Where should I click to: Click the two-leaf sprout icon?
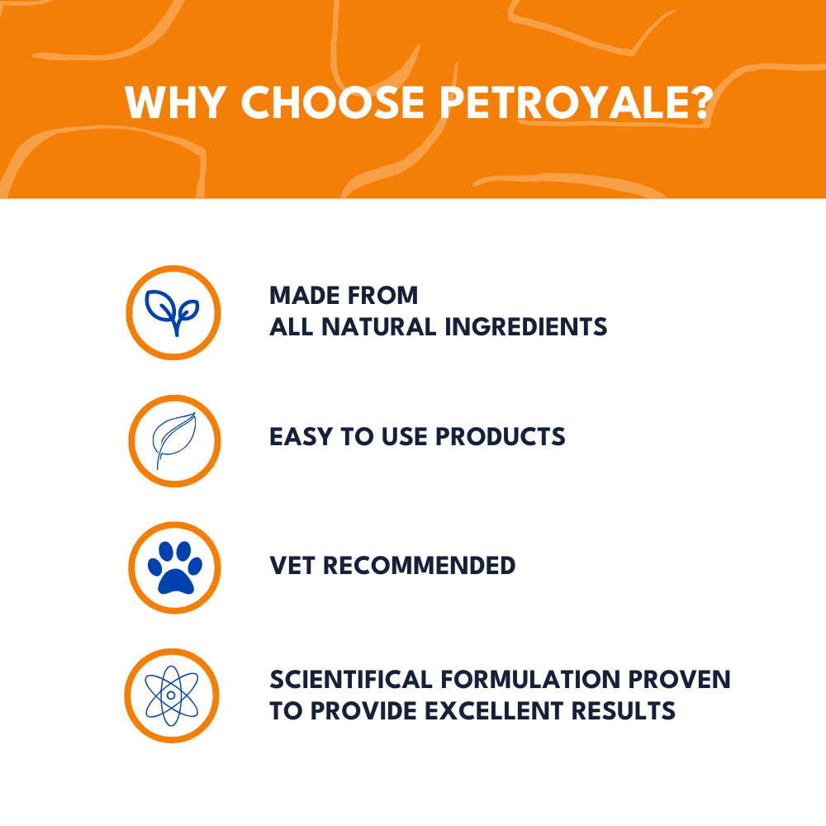tap(173, 312)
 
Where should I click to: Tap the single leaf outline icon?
tap(173, 440)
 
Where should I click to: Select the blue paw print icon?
tap(173, 568)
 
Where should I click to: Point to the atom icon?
tap(171, 695)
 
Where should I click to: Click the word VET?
tap(292, 566)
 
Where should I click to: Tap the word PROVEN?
tap(685, 680)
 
